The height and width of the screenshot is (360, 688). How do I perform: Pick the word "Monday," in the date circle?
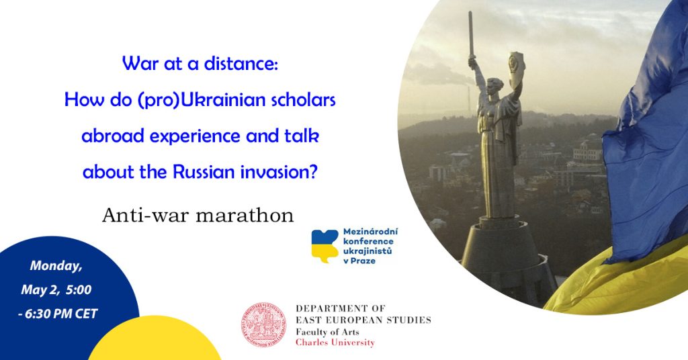[x=56, y=266]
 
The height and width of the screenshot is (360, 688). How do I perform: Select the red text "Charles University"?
[x=335, y=343]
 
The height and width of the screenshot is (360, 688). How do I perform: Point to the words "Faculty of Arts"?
[x=327, y=332]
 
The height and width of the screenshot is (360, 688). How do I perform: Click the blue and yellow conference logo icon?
[x=325, y=246]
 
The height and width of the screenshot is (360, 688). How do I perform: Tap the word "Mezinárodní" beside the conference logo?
[x=370, y=232]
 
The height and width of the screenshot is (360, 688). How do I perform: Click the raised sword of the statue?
[x=471, y=34]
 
